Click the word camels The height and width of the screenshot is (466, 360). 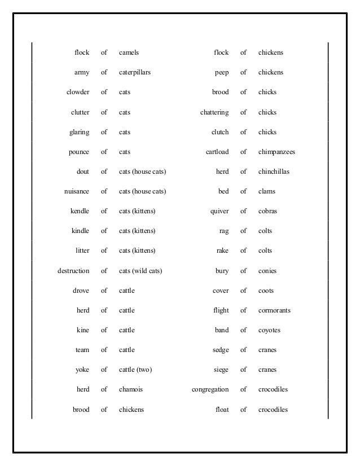pos(129,53)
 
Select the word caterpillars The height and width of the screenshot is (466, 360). pos(135,73)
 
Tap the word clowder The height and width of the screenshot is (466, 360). pos(78,93)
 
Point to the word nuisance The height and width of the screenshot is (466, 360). pos(77,192)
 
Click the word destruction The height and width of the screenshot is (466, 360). pos(73,271)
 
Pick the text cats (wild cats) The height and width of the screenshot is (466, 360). pos(141,271)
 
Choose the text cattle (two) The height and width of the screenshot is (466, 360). pos(135,370)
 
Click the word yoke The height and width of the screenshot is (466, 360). pos(82,370)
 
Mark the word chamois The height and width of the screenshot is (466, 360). pos(131,390)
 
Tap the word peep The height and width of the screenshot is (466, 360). pos(222,73)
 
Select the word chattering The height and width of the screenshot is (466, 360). pos(214,112)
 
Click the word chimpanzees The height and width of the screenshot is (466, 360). pos(276,152)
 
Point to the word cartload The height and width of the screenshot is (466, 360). pos(217,152)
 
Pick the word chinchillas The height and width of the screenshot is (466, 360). pos(274,172)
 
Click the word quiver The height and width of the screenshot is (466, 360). pos(219,212)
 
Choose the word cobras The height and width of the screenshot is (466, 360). pos(267,212)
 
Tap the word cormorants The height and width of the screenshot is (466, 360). pos(274,311)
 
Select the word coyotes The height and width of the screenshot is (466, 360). pos(269,331)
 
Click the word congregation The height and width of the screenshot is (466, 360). pos(210,390)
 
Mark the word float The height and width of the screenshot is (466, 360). pos(222,410)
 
